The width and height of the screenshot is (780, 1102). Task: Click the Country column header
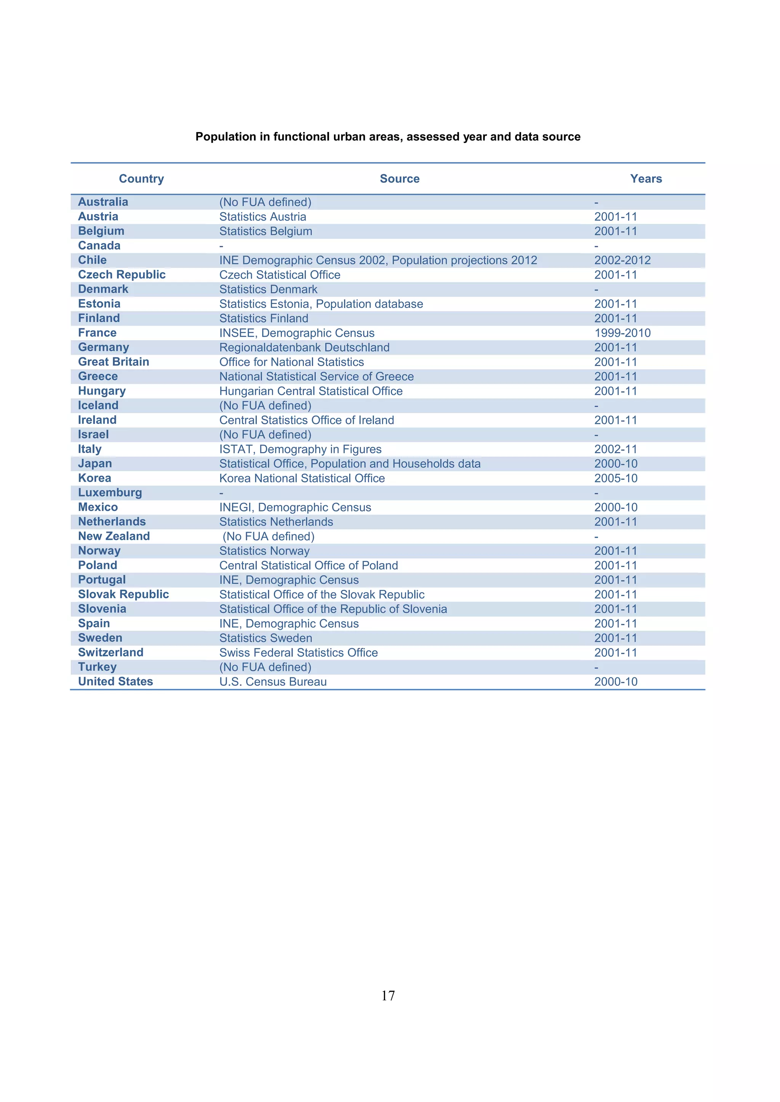click(141, 178)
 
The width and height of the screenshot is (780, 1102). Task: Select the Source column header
click(400, 178)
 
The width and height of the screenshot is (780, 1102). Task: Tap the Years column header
click(646, 178)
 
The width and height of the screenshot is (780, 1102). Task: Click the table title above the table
click(388, 137)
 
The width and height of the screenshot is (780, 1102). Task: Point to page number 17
click(388, 995)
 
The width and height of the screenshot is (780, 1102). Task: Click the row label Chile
click(93, 260)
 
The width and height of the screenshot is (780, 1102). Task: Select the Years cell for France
click(622, 333)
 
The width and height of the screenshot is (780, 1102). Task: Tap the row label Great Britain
click(114, 362)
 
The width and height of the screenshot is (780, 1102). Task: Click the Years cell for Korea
click(616, 479)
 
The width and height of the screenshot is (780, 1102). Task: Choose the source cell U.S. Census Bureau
click(273, 682)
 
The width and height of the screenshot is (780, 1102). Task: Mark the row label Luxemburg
click(110, 493)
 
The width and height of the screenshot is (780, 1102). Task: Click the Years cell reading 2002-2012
click(622, 260)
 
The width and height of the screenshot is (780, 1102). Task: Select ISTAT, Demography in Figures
click(300, 449)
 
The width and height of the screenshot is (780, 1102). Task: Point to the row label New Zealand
click(114, 536)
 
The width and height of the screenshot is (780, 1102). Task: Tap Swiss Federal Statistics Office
click(298, 653)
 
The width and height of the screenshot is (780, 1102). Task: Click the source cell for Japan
click(350, 463)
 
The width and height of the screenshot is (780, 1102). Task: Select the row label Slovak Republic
click(123, 594)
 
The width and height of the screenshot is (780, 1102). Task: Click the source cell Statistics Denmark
click(268, 290)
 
